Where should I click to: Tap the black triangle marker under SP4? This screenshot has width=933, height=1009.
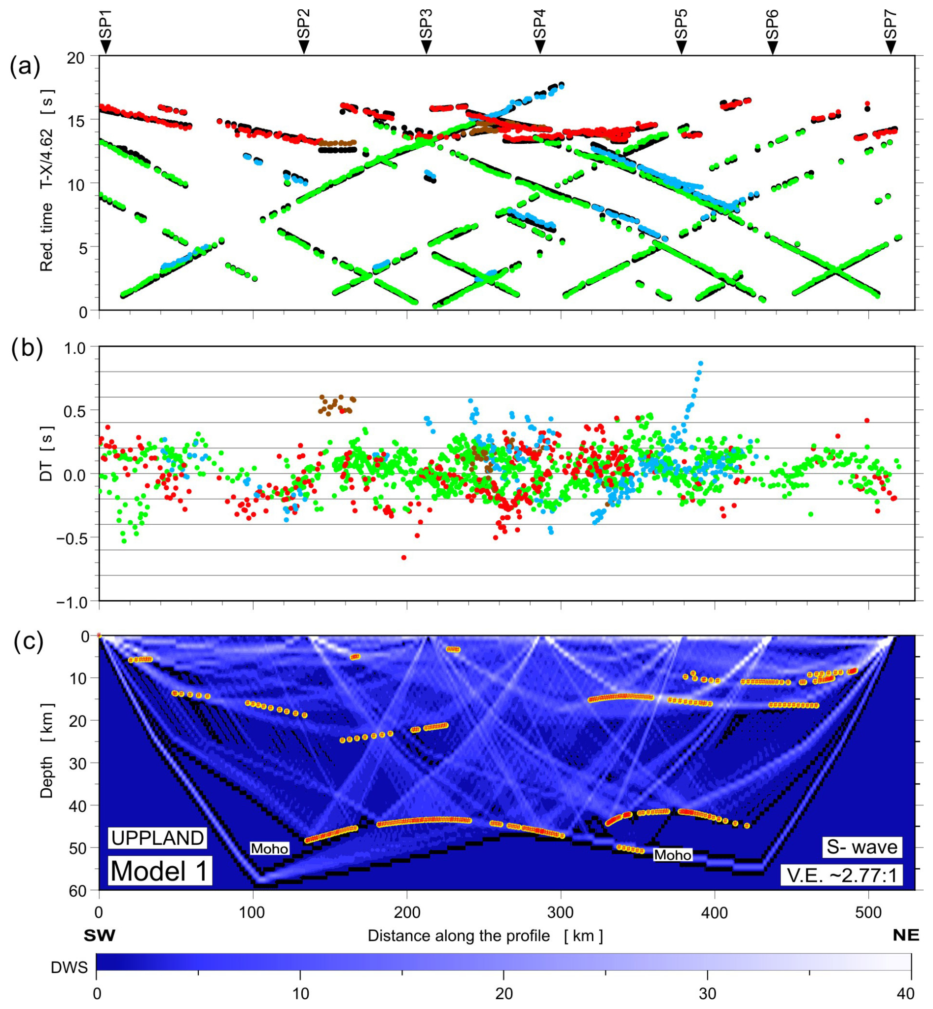coord(539,47)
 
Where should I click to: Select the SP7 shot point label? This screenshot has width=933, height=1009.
coord(891,25)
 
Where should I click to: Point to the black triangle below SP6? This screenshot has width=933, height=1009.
coord(772,47)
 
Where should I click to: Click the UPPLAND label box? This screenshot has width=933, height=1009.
coord(157,838)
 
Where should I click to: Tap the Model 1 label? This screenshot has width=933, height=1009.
coord(159,871)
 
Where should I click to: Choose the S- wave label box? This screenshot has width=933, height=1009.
coord(862,846)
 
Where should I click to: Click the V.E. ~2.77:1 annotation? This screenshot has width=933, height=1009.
coord(848,875)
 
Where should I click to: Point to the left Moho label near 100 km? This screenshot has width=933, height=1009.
coord(270,848)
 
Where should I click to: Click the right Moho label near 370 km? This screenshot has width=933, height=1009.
coord(673,855)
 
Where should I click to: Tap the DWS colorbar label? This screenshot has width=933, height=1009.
coord(69,967)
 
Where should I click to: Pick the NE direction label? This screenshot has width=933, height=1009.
coord(906,935)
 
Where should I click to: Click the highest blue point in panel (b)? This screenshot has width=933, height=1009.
coord(700,363)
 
